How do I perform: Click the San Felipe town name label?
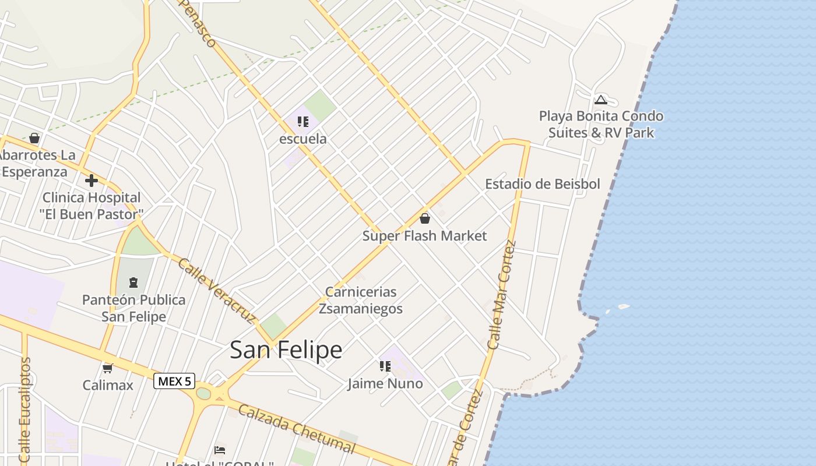click(x=286, y=349)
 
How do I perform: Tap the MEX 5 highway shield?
click(x=174, y=382)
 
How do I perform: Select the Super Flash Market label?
click(x=424, y=236)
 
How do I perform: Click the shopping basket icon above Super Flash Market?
click(x=425, y=218)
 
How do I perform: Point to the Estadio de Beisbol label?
click(x=542, y=184)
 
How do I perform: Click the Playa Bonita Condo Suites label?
click(x=601, y=124)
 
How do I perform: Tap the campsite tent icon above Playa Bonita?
click(x=601, y=100)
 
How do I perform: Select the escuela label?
click(x=303, y=139)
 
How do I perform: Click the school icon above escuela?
click(x=303, y=122)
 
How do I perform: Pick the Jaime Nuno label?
click(x=385, y=384)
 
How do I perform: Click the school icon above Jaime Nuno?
click(x=385, y=366)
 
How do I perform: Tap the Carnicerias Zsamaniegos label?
click(x=361, y=300)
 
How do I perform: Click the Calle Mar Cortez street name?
click(x=502, y=295)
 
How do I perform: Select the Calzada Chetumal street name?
click(x=296, y=428)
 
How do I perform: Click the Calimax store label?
click(x=108, y=385)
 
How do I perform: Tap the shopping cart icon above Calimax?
click(x=107, y=368)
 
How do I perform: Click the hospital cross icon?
click(x=92, y=181)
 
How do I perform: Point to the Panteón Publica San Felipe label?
click(x=133, y=308)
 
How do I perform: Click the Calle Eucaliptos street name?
click(x=24, y=410)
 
